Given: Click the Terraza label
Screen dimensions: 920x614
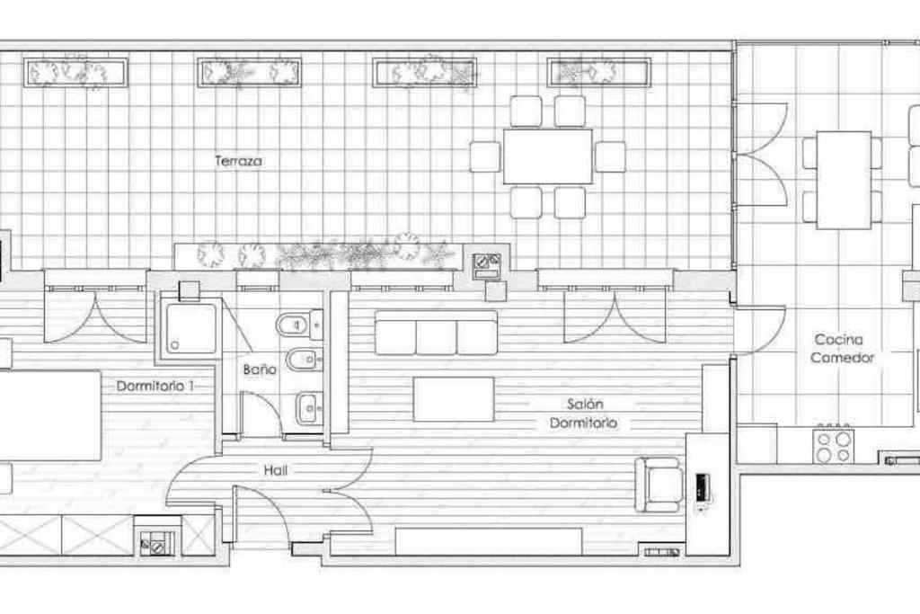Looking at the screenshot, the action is coord(238,161).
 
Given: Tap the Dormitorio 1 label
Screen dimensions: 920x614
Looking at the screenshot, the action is coord(155,387).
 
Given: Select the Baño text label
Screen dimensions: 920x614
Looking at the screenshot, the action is coord(260,369).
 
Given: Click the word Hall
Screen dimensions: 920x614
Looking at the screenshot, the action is coord(275,470).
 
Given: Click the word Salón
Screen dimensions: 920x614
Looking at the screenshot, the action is coord(584,404).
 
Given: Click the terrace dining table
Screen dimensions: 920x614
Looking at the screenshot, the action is coord(547,156).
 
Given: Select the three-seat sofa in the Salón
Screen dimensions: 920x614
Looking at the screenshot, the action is coord(436,333).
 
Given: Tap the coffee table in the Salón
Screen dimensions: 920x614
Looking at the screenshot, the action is coord(454,399).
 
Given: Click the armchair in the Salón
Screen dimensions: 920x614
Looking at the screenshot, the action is coord(659,485).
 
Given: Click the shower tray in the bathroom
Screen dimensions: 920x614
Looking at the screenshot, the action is coord(191,329).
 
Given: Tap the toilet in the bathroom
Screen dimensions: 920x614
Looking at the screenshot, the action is coord(298,324).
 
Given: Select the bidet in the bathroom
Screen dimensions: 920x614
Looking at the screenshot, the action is coord(304,360).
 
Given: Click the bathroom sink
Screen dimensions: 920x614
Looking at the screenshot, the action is coord(308,407).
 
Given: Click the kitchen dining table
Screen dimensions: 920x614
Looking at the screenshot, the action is coord(843,180).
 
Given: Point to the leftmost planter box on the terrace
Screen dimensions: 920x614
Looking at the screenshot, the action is coord(75,73).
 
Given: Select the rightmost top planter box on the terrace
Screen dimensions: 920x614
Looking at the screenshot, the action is coord(598,73).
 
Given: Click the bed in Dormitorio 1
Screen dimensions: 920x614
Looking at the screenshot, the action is coord(50,415).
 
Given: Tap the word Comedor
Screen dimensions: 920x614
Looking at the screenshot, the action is coord(843,358).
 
